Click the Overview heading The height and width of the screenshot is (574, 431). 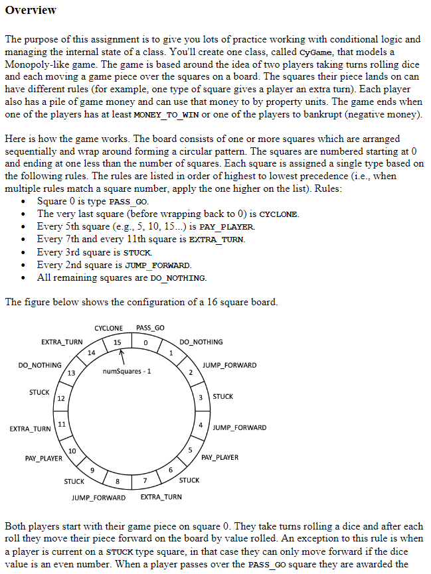click(31, 10)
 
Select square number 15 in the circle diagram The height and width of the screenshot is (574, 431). click(117, 342)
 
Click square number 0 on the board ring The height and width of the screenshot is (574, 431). click(145, 342)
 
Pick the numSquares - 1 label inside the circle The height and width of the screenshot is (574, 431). click(127, 371)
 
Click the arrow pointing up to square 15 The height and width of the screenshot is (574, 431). click(122, 356)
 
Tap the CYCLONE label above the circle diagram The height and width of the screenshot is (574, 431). click(108, 328)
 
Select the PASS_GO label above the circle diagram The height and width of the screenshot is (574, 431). click(150, 328)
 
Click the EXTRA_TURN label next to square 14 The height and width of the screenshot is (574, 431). click(62, 342)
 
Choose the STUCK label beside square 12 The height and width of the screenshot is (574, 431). click(39, 392)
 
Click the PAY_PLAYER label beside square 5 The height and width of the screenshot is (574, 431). click(220, 457)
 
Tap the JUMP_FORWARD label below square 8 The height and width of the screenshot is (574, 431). click(98, 497)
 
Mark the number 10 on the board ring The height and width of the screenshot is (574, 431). click(72, 452)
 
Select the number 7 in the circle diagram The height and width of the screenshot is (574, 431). click(145, 480)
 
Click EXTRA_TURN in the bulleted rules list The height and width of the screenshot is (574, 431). click(216, 240)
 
